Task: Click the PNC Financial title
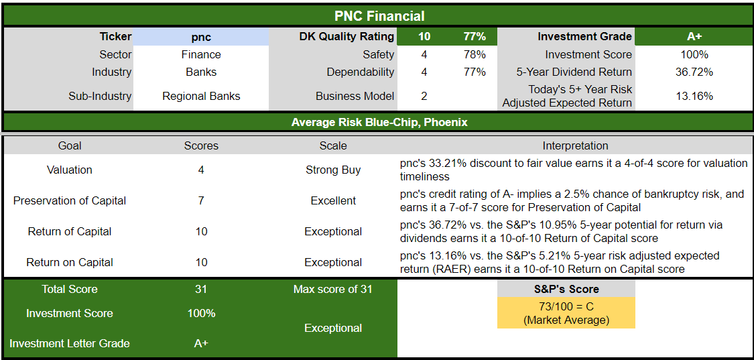(379, 16)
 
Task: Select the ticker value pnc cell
(201, 37)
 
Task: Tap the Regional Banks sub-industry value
(201, 96)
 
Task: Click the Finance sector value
(201, 54)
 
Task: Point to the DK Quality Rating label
(347, 37)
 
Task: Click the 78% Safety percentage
(475, 54)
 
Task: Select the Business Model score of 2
(424, 96)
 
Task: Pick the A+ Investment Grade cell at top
(694, 37)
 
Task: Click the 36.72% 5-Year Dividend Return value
(694, 72)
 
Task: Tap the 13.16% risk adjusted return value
(694, 96)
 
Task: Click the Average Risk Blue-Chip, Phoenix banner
(379, 122)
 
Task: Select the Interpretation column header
(575, 145)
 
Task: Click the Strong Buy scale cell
(333, 170)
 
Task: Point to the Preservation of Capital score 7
(201, 200)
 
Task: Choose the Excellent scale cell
(333, 200)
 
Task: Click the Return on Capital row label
(70, 262)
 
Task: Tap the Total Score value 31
(201, 290)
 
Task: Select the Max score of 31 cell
(333, 290)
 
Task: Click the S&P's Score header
(566, 290)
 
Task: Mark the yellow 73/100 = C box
(566, 313)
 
